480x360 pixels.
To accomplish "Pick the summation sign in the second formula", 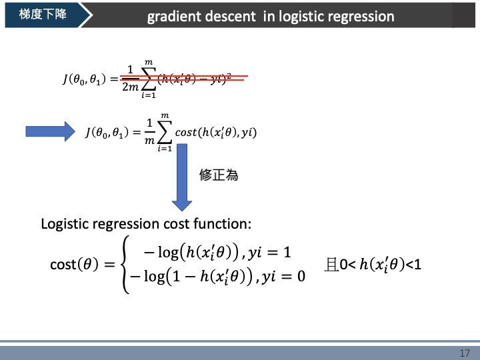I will tap(164, 132).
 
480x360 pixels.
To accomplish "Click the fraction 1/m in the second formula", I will tap(150, 131).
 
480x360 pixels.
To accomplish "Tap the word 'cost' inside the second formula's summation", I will tap(186, 133).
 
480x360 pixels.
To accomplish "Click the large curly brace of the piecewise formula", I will tap(124, 264).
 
